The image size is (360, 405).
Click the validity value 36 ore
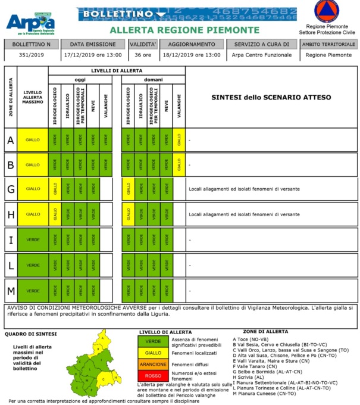point(142,55)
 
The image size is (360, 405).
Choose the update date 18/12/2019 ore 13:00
point(191,55)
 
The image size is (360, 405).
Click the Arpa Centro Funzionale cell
point(262,55)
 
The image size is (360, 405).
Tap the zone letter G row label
point(10,189)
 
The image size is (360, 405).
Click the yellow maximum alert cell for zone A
point(32,140)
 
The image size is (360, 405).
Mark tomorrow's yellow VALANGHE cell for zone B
point(179,165)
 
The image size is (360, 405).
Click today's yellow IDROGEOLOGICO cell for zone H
point(55,214)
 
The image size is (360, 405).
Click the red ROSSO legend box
point(153,376)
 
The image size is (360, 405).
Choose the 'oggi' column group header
point(80,79)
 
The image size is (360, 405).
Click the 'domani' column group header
point(153,79)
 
